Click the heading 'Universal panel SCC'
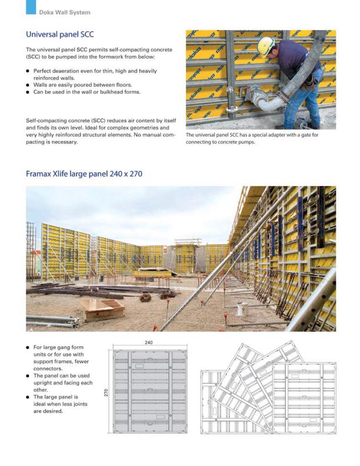click(x=60, y=35)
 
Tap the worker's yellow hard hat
click(x=266, y=45)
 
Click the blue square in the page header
click(x=31, y=7)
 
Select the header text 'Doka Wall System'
click(x=65, y=12)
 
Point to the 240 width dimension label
click(x=149, y=342)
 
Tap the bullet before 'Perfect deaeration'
click(x=28, y=71)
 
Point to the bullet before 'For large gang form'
click(x=28, y=348)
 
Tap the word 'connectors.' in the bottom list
click(x=48, y=370)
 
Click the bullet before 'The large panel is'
click(x=28, y=397)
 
